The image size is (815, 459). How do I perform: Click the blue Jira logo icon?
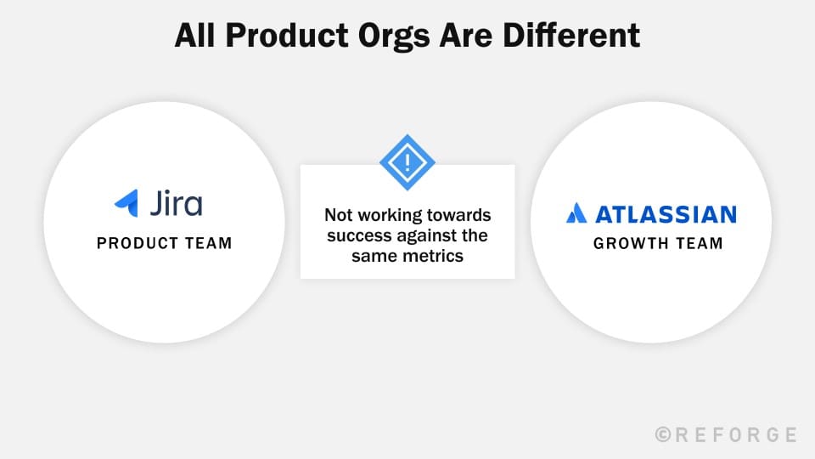[x=126, y=203]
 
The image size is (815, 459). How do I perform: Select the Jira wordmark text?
[x=176, y=203]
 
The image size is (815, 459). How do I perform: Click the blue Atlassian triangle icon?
[x=576, y=212]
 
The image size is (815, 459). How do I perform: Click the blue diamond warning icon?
[x=407, y=161]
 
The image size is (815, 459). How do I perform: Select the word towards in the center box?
[x=458, y=215]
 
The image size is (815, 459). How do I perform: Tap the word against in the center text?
[x=430, y=235]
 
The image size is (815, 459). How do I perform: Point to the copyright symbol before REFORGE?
[x=664, y=434]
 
